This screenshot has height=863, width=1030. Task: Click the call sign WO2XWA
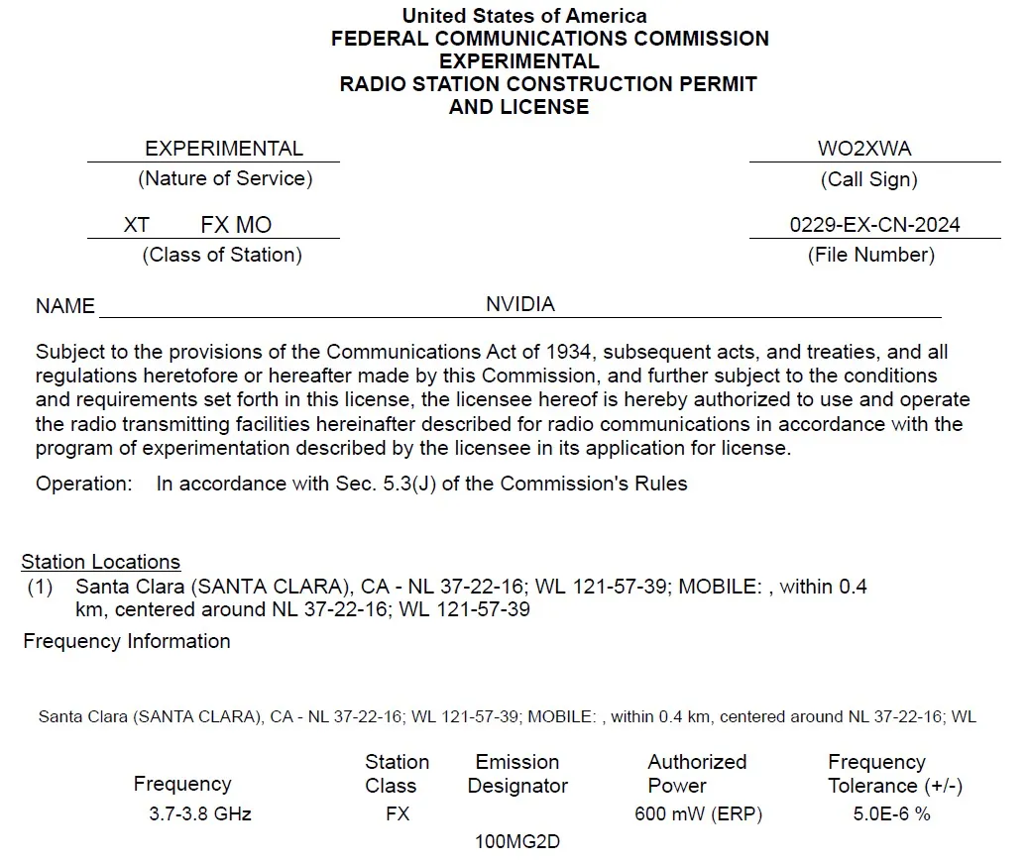(x=864, y=150)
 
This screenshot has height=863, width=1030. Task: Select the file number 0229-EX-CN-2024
(x=874, y=225)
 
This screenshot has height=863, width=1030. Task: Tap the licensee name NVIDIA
(x=520, y=304)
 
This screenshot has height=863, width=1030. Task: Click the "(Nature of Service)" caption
(x=225, y=179)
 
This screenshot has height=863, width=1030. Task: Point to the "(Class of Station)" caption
(x=222, y=255)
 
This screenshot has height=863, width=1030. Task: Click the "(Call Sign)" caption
(x=869, y=179)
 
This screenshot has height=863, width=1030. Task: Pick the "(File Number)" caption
(x=871, y=255)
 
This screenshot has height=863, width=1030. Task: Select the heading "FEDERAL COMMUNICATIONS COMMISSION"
(x=549, y=39)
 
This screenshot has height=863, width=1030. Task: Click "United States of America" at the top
(x=524, y=16)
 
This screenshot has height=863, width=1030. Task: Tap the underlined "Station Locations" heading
(x=101, y=563)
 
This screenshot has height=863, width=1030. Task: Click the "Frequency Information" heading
(x=127, y=641)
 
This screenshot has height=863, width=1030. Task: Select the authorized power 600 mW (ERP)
(x=699, y=814)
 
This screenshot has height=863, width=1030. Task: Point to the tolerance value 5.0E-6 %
(x=892, y=814)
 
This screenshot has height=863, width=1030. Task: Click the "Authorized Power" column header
(x=697, y=774)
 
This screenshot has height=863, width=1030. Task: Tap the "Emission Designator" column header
(x=517, y=774)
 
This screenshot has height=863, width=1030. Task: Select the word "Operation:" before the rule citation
(x=83, y=485)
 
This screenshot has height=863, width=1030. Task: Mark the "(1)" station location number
(x=40, y=587)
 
